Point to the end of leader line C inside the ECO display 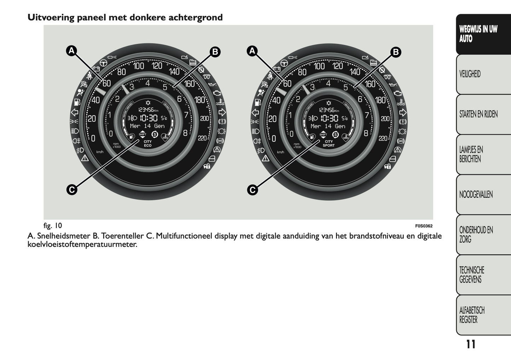[x=139, y=140]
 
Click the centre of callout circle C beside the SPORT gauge [x=252, y=190]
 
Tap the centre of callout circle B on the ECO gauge [x=215, y=52]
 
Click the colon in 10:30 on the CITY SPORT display [x=329, y=118]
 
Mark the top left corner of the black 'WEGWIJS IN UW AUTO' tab [x=456, y=14]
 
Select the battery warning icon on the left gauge [x=96, y=69]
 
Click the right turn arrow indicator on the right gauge [x=403, y=112]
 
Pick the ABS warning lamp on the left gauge [x=220, y=141]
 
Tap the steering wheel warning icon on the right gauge [x=284, y=63]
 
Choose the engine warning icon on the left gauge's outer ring [x=216, y=93]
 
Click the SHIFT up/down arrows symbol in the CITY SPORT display [x=323, y=135]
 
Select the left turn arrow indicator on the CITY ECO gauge [x=75, y=112]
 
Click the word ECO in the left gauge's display [x=147, y=146]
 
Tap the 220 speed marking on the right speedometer [x=383, y=138]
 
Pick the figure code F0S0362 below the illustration [x=424, y=226]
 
